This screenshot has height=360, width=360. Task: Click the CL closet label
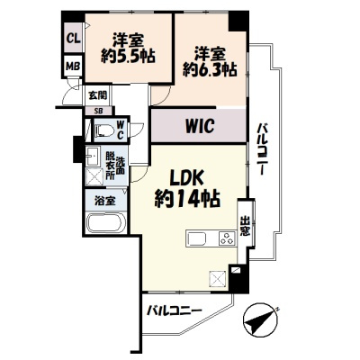coord(72,39)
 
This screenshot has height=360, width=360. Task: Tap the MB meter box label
coord(72,66)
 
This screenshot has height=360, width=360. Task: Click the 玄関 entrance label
coord(97,94)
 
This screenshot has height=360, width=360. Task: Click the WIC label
coord(199,126)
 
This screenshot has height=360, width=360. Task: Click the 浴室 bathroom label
coord(104,202)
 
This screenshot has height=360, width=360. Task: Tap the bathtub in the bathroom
coord(106,225)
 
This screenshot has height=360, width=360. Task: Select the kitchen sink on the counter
coord(197,240)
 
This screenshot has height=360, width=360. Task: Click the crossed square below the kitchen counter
coord(217,279)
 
